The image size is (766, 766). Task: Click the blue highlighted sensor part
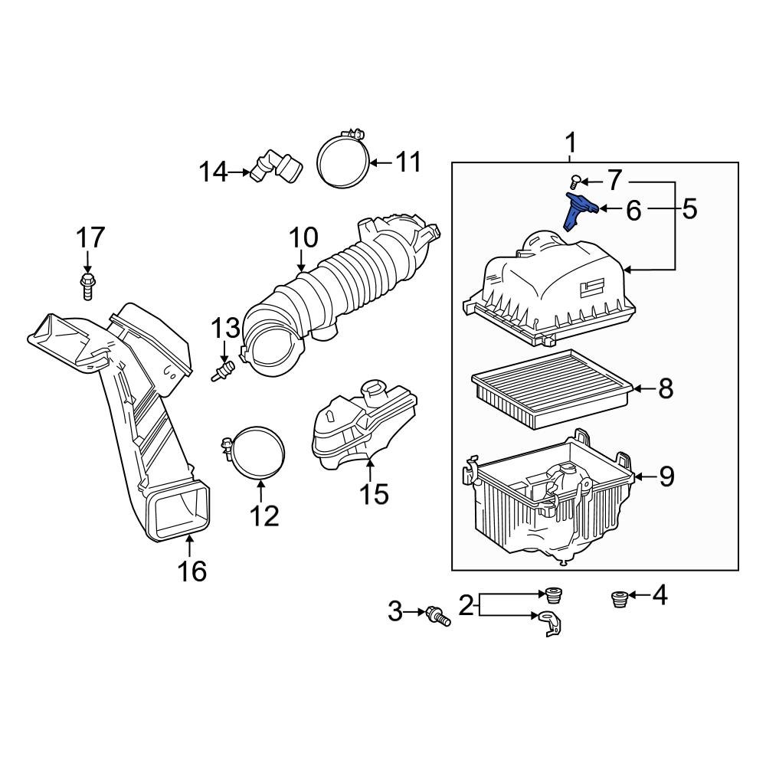(x=578, y=211)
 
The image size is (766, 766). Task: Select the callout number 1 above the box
(x=571, y=142)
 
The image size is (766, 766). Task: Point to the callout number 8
(x=666, y=388)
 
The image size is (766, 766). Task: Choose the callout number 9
(x=666, y=476)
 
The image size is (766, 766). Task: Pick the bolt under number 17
(x=87, y=286)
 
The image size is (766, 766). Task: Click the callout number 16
(x=192, y=571)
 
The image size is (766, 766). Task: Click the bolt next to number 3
(x=439, y=614)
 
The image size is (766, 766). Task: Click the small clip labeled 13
(x=224, y=372)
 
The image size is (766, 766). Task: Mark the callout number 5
(x=689, y=208)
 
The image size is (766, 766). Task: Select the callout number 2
(x=466, y=606)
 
